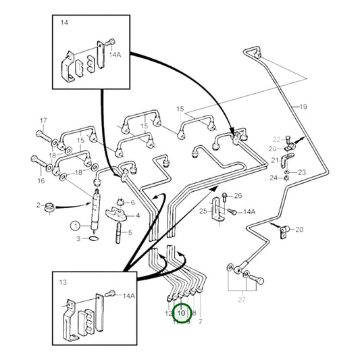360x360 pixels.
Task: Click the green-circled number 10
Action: [181, 313]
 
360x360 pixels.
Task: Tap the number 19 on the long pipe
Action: [303, 107]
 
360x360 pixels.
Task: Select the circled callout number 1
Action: [76, 225]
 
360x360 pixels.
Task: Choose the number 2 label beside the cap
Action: [38, 204]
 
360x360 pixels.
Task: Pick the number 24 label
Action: [273, 178]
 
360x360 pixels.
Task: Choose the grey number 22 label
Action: [276, 139]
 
